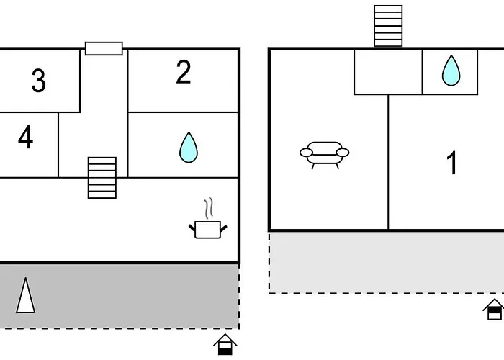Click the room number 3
pos(39,81)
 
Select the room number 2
pos(184,72)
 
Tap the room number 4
pos(25,137)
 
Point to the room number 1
pos(452,163)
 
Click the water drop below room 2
pos(189,148)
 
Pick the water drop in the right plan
pos(451,71)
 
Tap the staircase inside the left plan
pos(102,178)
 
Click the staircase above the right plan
pos(388,26)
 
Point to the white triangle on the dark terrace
pos(25,296)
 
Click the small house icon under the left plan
pos(225,344)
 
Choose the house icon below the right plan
pos(495,309)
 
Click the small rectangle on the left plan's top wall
pos(104,48)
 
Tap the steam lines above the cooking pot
pos(209,208)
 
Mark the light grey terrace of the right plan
pos(387,263)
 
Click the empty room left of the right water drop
pos(388,72)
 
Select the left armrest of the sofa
pos(306,153)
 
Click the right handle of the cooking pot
pos(224,228)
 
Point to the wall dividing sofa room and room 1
pos(388,162)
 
